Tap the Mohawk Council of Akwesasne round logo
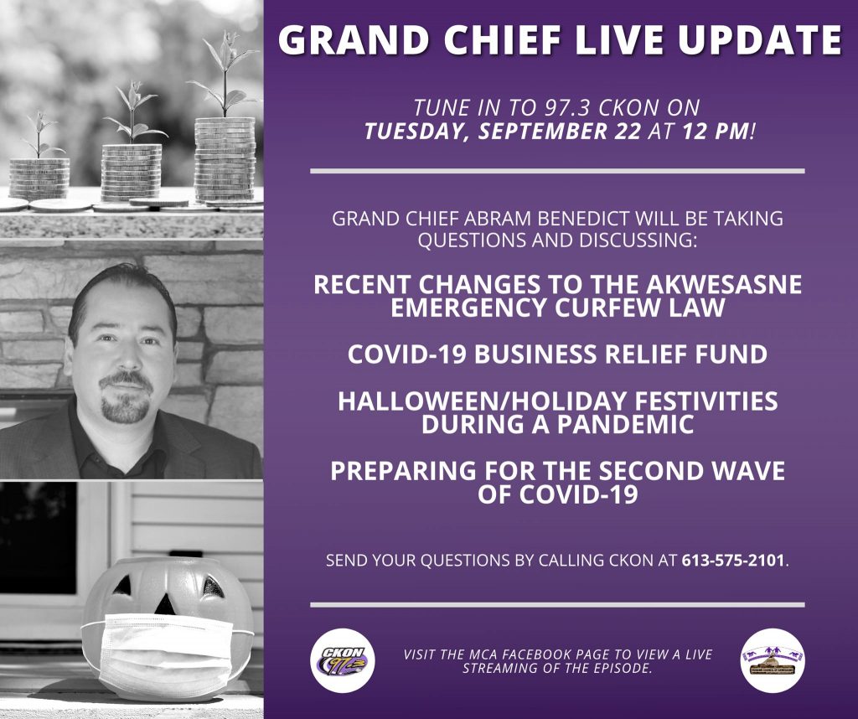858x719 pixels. (773, 660)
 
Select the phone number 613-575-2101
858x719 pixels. (732, 561)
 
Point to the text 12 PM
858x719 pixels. (717, 132)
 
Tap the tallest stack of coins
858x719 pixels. (225, 158)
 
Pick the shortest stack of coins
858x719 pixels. (39, 178)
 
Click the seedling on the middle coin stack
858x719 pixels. (133, 112)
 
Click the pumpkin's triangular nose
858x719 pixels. (163, 603)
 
